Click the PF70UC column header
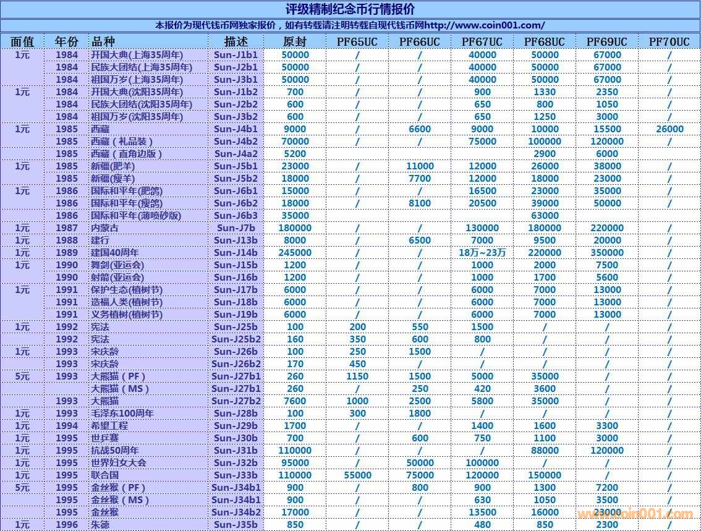click(x=669, y=42)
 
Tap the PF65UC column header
click(x=357, y=42)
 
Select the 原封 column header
click(x=295, y=42)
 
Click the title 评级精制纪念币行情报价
click(x=350, y=9)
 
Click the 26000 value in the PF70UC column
click(x=669, y=129)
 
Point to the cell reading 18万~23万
click(x=482, y=252)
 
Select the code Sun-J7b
click(x=236, y=227)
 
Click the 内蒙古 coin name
click(x=104, y=227)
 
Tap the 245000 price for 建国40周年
click(x=295, y=252)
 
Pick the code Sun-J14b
click(x=236, y=252)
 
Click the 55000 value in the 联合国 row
click(x=357, y=475)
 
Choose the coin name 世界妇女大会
click(x=119, y=462)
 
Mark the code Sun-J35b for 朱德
click(x=236, y=524)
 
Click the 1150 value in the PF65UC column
click(x=357, y=376)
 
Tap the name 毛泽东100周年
click(x=122, y=413)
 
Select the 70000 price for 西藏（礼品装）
click(x=295, y=141)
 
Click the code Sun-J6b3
click(x=236, y=215)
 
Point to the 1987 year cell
click(x=67, y=227)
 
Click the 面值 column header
click(x=22, y=42)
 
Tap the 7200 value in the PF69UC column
click(x=607, y=487)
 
